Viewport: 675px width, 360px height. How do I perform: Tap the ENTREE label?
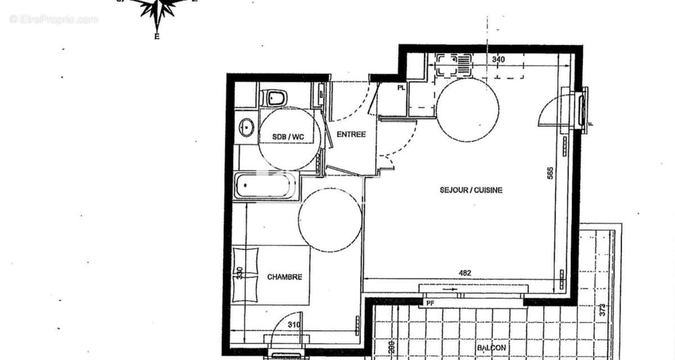click(351, 134)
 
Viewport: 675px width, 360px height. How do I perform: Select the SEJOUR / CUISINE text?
click(471, 190)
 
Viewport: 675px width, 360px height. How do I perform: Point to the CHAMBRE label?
click(284, 277)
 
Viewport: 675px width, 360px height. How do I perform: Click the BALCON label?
click(491, 348)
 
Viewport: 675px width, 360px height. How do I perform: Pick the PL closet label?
click(401, 88)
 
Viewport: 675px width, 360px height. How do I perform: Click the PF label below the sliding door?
click(430, 303)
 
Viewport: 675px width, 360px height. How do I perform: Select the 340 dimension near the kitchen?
click(498, 59)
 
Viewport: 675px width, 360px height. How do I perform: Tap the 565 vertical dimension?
click(550, 174)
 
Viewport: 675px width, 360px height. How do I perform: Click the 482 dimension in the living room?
click(465, 273)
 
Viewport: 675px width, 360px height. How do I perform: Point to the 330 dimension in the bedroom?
click(240, 273)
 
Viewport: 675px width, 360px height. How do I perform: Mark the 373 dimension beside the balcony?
click(602, 309)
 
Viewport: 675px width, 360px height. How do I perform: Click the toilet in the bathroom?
click(275, 98)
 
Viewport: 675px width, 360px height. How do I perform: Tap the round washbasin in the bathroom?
click(246, 127)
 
